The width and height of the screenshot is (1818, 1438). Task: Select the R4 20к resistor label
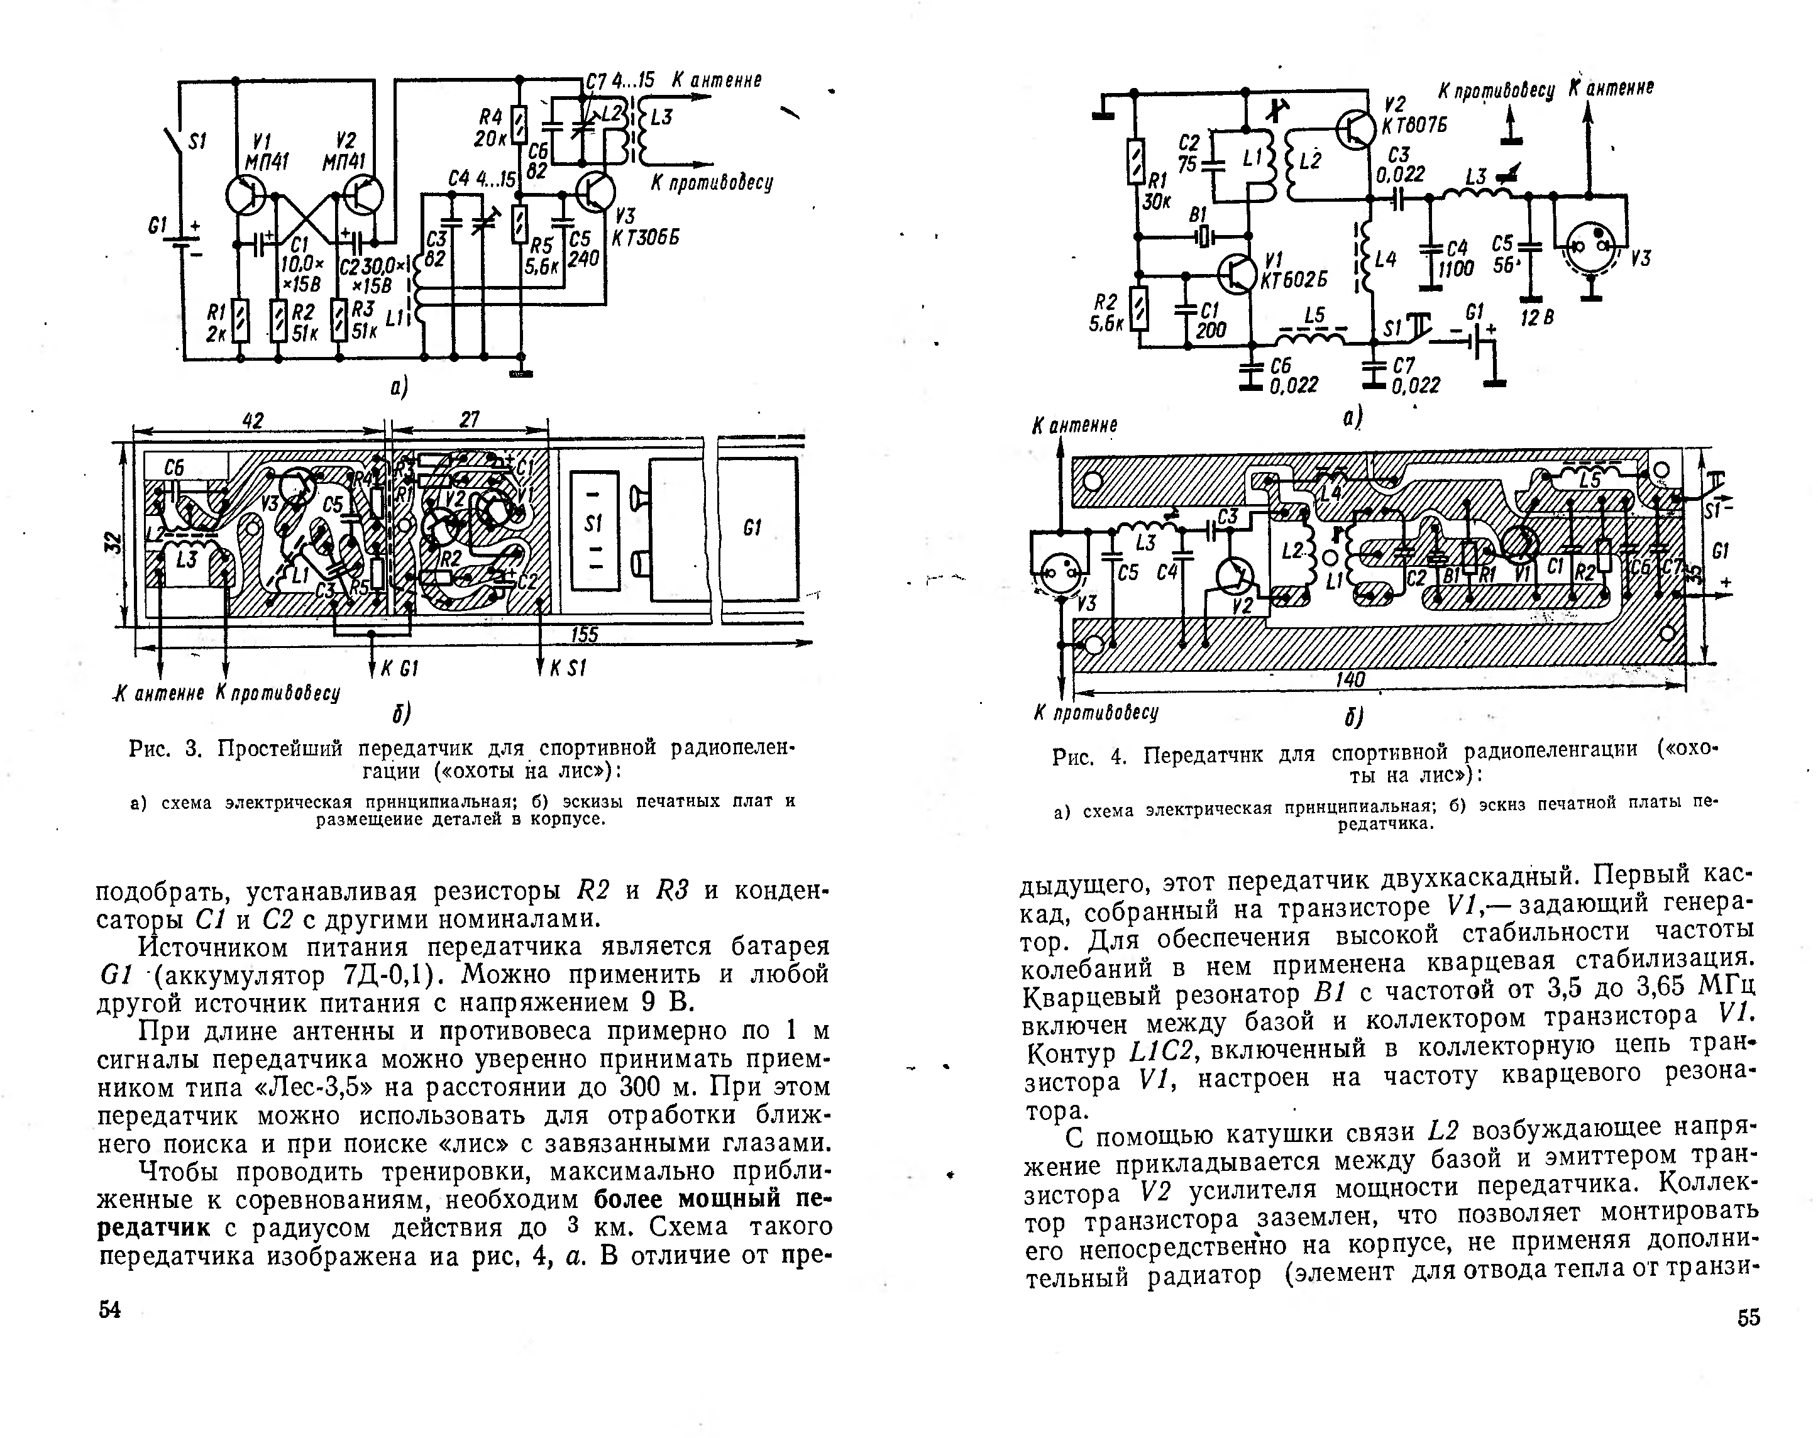(491, 126)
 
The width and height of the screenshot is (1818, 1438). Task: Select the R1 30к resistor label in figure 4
(1157, 191)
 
